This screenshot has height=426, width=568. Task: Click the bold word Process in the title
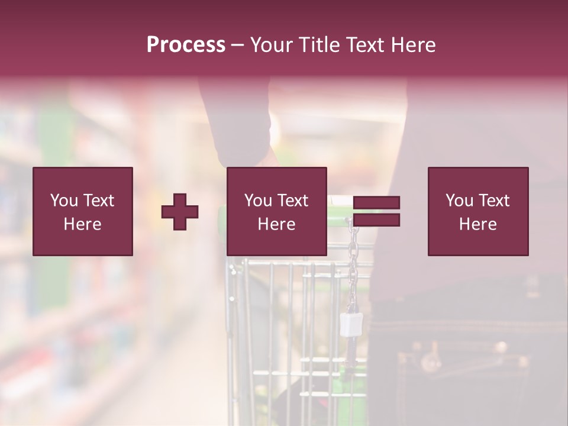186,45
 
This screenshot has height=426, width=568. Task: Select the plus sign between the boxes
180,212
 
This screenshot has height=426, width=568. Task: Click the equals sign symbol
376,211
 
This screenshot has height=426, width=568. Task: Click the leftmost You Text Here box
83,211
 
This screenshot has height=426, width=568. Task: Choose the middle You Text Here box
276,211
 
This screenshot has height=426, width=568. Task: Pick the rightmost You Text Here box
478,211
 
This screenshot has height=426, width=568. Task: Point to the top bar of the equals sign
376,203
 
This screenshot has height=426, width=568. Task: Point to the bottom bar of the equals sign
376,220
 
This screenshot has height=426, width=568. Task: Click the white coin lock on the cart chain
351,323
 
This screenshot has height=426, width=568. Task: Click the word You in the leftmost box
64,201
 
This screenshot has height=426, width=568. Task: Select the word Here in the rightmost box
478,224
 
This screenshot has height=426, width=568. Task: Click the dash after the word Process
238,45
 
